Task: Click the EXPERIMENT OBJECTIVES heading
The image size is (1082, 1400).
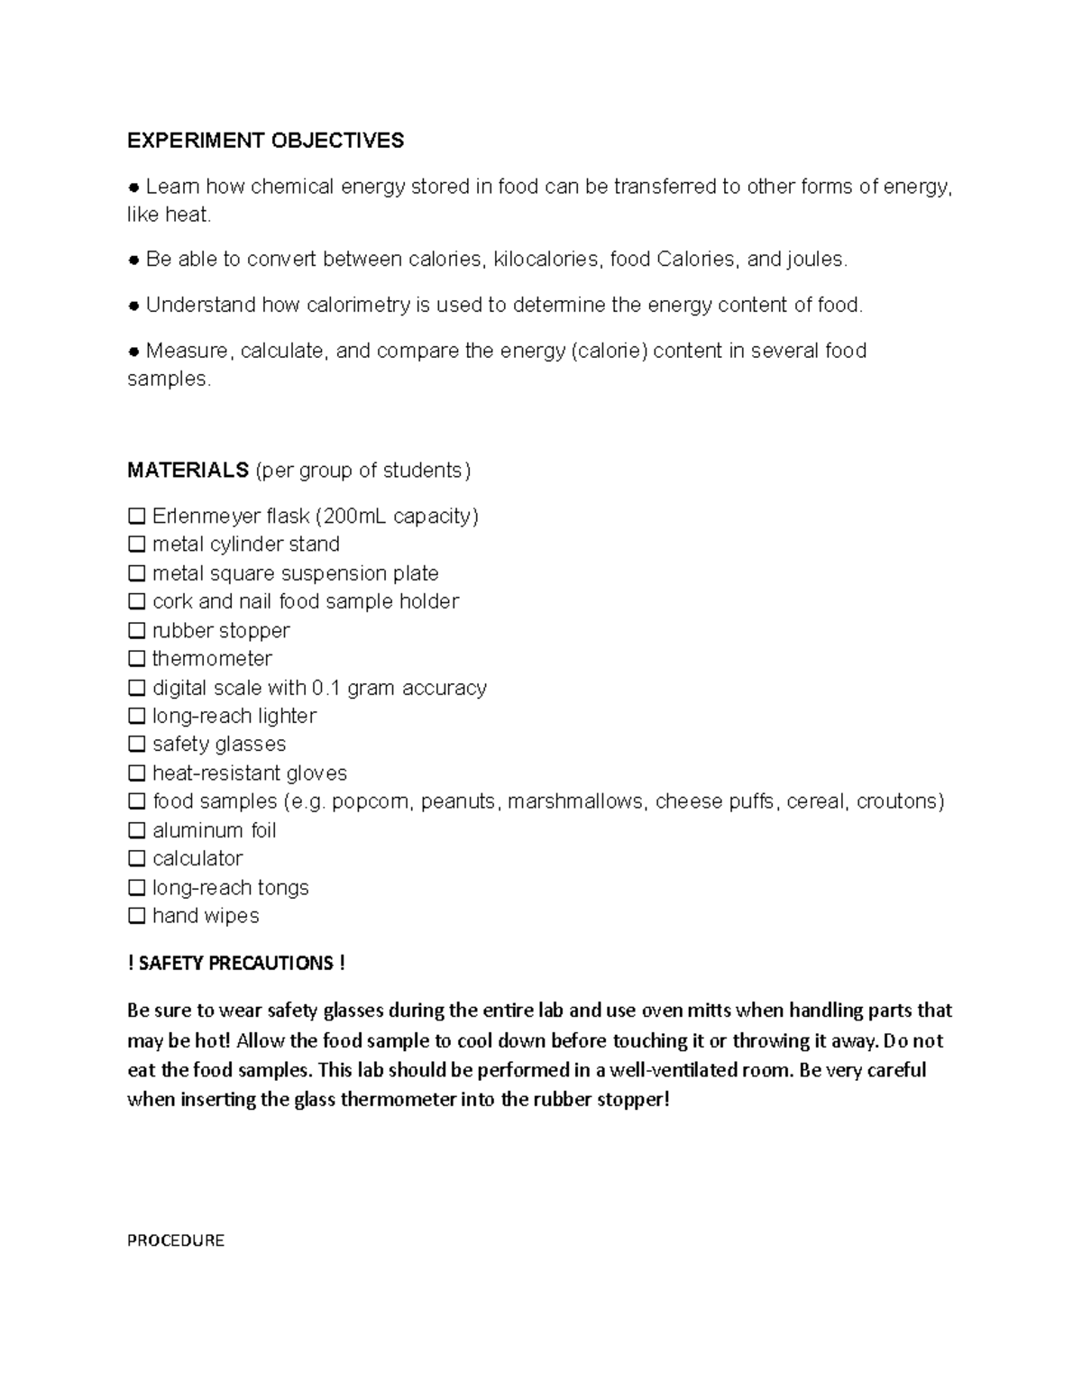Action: (x=265, y=141)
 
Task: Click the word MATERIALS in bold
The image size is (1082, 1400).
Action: (x=188, y=471)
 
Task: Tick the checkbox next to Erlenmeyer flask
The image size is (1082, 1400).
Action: (x=136, y=517)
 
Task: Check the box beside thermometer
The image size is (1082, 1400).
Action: (x=136, y=659)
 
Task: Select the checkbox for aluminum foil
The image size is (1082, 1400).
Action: (x=136, y=830)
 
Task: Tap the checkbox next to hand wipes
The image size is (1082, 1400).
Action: (x=136, y=916)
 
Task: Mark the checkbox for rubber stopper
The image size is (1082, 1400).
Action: (x=136, y=630)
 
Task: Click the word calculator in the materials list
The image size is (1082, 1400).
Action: (x=197, y=858)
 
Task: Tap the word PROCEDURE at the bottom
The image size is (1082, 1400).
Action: (x=176, y=1240)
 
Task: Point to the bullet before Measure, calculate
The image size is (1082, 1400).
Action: (x=133, y=351)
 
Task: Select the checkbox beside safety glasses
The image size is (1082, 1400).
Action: (x=136, y=745)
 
